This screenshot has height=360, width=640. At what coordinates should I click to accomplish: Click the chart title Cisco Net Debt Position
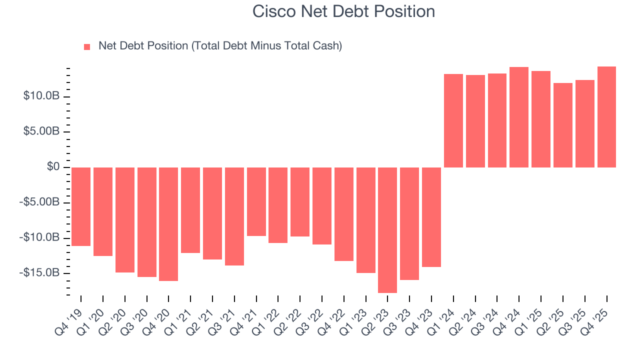pyautogui.click(x=343, y=11)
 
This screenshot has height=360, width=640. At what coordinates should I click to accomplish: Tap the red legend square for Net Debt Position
pyautogui.click(x=87, y=46)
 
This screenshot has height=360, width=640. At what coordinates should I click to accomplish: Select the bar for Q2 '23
pyautogui.click(x=387, y=229)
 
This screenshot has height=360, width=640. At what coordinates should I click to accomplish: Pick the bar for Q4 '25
pyautogui.click(x=606, y=117)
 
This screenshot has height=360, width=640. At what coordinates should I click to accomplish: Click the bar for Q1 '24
pyautogui.click(x=453, y=120)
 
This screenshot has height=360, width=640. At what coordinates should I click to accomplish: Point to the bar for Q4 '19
pyautogui.click(x=81, y=206)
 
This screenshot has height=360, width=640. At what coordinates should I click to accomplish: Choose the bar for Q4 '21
pyautogui.click(x=256, y=201)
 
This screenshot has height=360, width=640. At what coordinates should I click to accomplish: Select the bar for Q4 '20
pyautogui.click(x=168, y=224)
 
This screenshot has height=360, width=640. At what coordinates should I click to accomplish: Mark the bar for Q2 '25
pyautogui.click(x=563, y=125)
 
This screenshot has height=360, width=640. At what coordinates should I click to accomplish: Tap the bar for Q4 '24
pyautogui.click(x=519, y=117)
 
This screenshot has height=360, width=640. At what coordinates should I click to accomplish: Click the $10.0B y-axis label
pyautogui.click(x=41, y=96)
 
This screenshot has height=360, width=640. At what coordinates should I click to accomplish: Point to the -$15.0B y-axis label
pyautogui.click(x=40, y=273)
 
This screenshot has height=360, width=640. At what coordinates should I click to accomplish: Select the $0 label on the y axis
pyautogui.click(x=53, y=167)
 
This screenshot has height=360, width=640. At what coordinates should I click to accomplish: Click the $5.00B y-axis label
pyautogui.click(x=41, y=131)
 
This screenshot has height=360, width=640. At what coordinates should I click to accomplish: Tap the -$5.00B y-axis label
pyautogui.click(x=40, y=202)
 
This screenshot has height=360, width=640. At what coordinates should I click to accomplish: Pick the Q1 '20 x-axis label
pyautogui.click(x=93, y=313)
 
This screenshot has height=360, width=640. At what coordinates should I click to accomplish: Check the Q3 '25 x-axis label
pyautogui.click(x=575, y=313)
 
